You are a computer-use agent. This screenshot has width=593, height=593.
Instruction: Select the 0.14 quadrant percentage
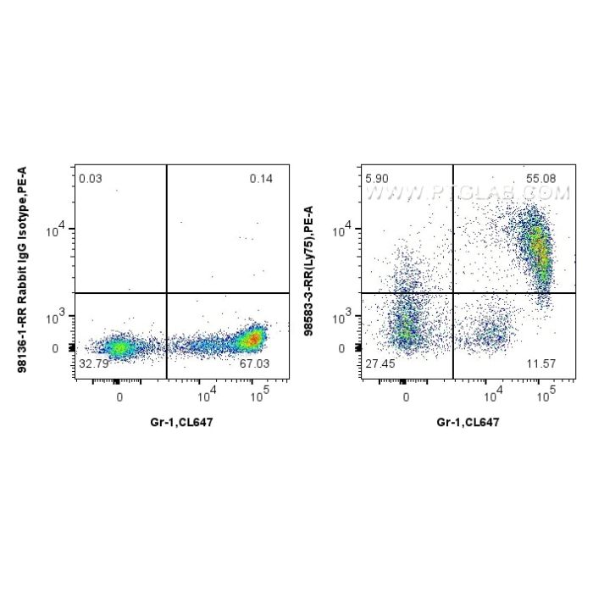point(259,179)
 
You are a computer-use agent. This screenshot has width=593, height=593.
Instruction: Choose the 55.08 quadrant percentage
point(544,179)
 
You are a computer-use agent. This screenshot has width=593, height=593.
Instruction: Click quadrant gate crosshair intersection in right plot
point(453,293)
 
